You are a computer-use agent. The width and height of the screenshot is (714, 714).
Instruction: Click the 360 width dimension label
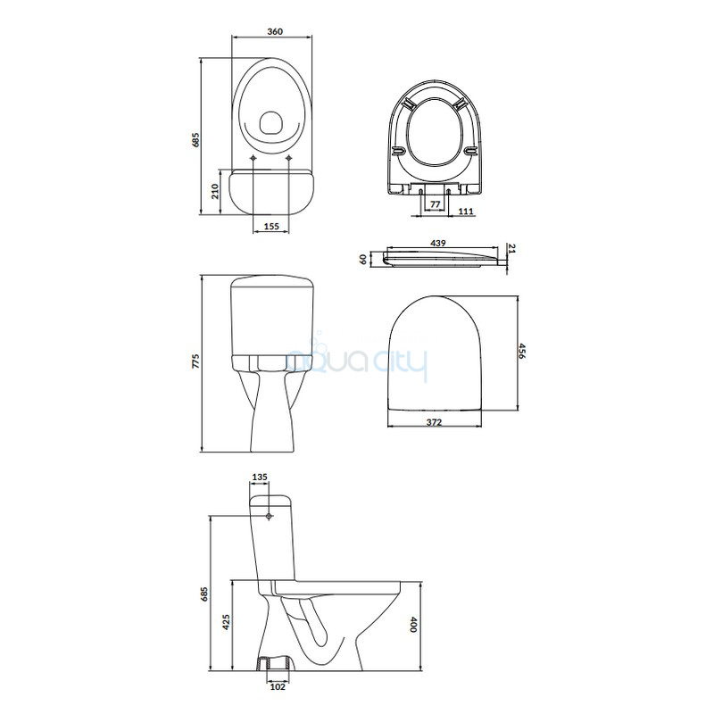click(275, 31)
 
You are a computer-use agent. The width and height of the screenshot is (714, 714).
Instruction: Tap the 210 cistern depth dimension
click(215, 191)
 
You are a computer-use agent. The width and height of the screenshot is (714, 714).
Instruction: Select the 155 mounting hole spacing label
click(271, 227)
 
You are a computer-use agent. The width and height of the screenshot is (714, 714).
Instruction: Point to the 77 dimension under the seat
click(436, 204)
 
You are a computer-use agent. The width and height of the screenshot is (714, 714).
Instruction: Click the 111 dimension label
click(466, 212)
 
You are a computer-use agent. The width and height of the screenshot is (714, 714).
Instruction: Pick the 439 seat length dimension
click(438, 244)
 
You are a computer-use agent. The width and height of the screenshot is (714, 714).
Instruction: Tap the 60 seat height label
click(363, 260)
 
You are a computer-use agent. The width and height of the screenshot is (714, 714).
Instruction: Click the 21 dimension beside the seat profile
click(511, 249)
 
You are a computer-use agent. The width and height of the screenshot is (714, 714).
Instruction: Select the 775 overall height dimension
click(195, 361)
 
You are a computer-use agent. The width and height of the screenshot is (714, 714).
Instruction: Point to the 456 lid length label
click(522, 351)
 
